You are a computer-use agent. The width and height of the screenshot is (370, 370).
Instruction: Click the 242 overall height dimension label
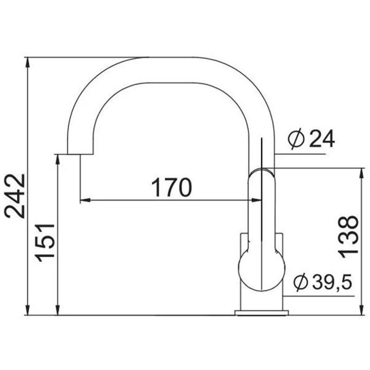[x=15, y=196]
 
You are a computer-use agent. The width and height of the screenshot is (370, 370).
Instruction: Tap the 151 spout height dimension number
[x=45, y=243]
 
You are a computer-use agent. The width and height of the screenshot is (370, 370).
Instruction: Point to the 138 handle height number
[x=348, y=235]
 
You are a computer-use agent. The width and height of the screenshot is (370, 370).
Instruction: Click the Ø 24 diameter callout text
[x=311, y=139]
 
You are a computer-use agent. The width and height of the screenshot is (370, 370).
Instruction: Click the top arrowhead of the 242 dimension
[x=28, y=62]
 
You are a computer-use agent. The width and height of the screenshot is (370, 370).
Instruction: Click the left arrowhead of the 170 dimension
[x=85, y=200]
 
